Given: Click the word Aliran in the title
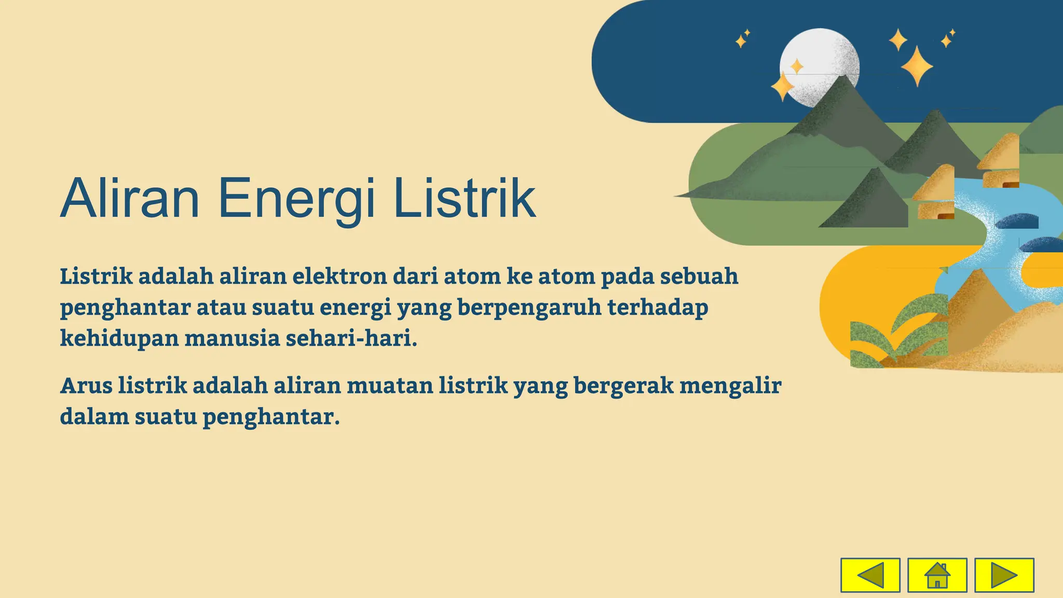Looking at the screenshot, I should click(130, 199).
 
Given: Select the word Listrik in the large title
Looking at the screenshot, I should click(465, 199).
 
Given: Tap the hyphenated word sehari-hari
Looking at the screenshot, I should click(351, 338).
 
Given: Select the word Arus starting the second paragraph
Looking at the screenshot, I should click(86, 386).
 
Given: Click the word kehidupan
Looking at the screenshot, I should click(119, 339).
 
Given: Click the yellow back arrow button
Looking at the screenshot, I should click(870, 575).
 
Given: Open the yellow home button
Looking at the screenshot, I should click(937, 575).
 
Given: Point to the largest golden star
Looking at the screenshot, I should click(917, 66).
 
